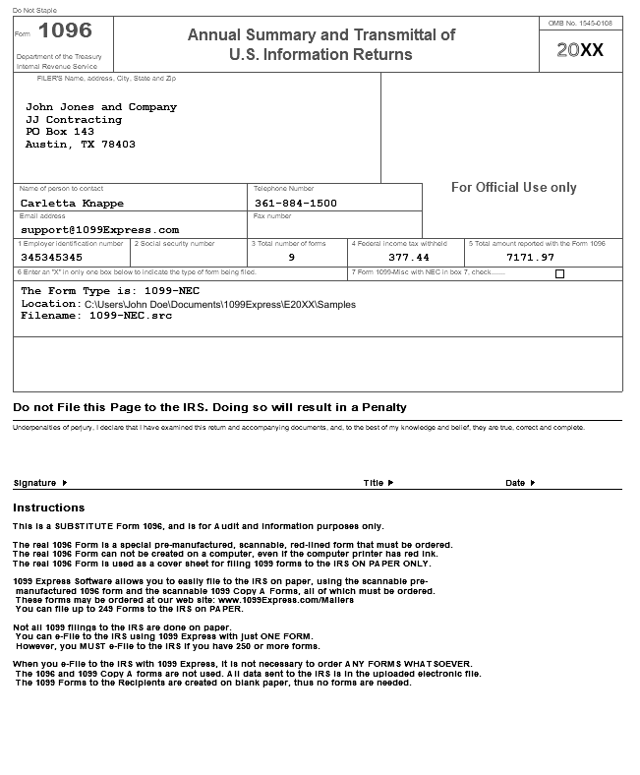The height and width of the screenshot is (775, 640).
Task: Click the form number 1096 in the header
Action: pos(65,31)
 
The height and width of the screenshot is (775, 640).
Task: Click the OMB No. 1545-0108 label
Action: pos(580,23)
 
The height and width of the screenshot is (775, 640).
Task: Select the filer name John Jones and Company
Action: pos(101,107)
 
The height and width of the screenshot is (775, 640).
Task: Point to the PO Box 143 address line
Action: pos(60,132)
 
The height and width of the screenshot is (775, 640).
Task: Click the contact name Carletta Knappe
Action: pos(73,204)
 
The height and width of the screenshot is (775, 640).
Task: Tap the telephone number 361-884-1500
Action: pos(296,204)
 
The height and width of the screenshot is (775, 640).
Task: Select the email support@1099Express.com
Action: pos(99,230)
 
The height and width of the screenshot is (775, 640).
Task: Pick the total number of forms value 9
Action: pos(291,258)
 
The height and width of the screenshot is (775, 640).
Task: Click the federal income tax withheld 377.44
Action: pos(409,258)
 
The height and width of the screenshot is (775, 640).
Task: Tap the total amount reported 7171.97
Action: pos(530,258)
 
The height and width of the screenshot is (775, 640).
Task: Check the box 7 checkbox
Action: pos(560,274)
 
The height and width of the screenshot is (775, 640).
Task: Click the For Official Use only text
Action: pos(514,188)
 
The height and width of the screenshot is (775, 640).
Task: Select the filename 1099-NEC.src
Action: pos(131,317)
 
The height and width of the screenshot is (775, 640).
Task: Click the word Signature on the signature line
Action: pos(35,483)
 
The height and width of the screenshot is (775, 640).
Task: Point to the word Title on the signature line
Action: pos(374,483)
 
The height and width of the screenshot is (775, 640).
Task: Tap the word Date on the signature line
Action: pos(515,483)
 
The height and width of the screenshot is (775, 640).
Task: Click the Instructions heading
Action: pos(49,508)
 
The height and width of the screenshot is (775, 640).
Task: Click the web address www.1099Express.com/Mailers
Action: pos(285,600)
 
